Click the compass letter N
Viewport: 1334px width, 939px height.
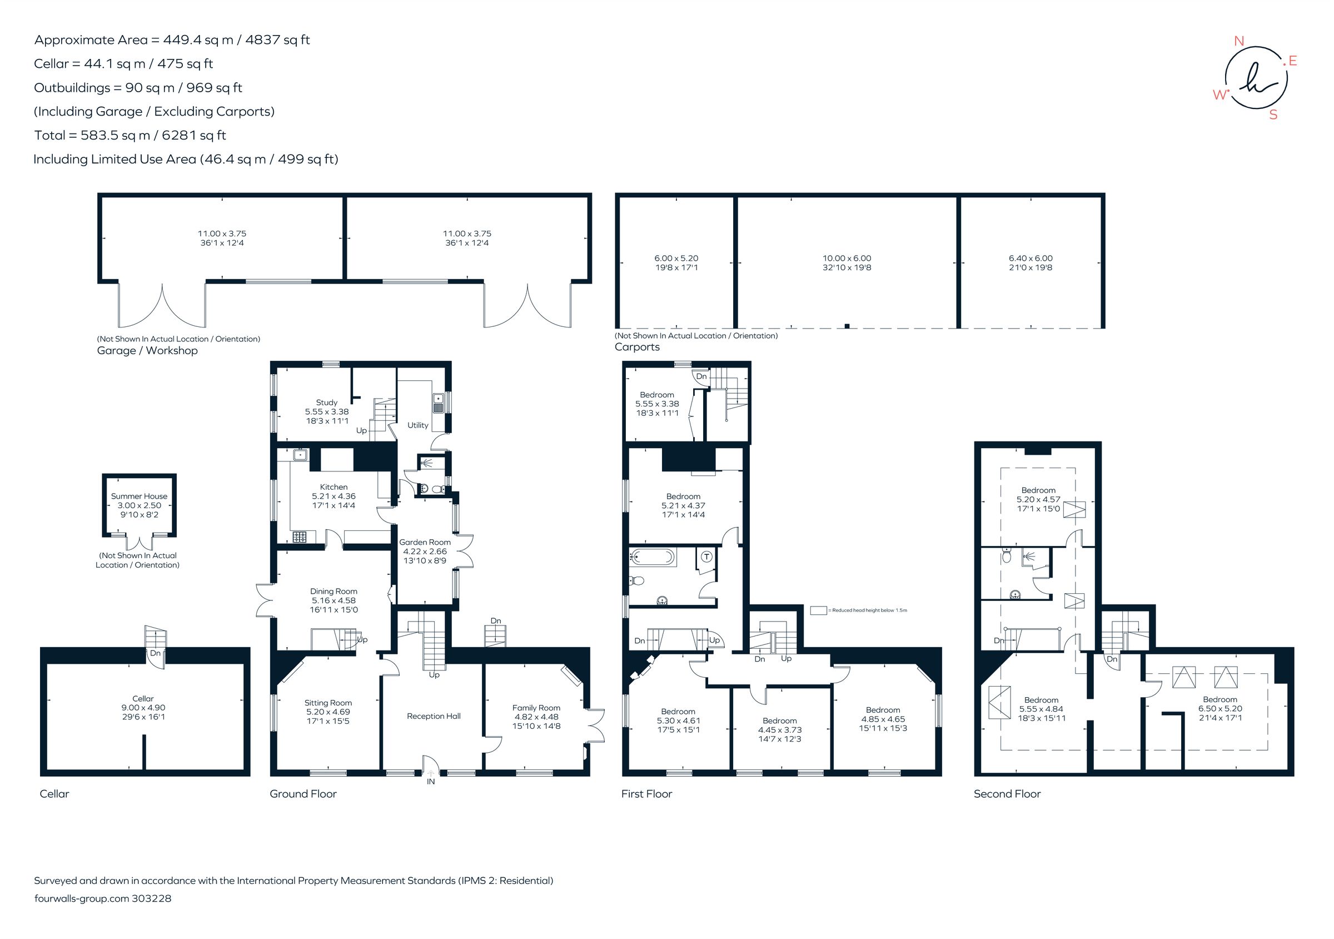coord(1239,41)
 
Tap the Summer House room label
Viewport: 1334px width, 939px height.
coord(139,496)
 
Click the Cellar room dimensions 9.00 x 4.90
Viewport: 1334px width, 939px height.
coord(143,708)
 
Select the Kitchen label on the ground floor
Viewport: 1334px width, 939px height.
coord(333,487)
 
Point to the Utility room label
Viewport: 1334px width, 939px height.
coord(418,425)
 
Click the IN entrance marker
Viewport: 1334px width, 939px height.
coord(431,782)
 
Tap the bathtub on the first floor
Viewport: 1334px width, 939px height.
coord(653,558)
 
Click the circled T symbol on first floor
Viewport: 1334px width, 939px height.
coord(706,557)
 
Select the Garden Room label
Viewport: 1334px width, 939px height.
coord(425,542)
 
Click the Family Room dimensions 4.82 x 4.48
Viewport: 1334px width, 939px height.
coord(536,717)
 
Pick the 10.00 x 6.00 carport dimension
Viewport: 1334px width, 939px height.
coord(847,258)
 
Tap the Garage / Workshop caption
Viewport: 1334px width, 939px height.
coord(147,350)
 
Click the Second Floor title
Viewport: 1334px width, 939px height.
coord(1007,794)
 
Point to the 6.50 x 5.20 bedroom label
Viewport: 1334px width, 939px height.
coord(1219,708)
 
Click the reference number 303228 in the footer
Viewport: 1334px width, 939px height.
coord(152,898)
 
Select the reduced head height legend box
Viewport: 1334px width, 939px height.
coord(818,610)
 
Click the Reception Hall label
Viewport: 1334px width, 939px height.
coord(434,717)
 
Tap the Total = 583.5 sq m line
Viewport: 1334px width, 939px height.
coord(130,136)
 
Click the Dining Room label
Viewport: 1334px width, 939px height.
coord(333,592)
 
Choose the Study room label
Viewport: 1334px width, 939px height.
coord(326,402)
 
